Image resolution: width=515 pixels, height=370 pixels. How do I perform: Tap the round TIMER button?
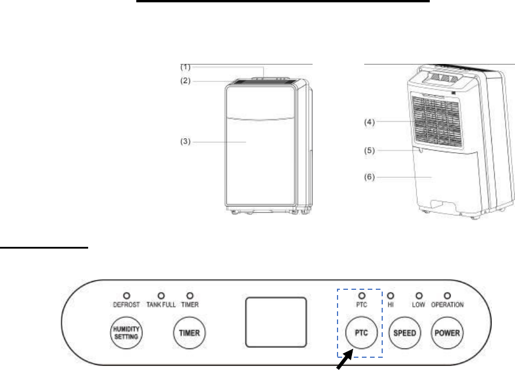click(x=189, y=333)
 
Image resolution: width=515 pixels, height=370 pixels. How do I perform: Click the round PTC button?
click(x=361, y=333)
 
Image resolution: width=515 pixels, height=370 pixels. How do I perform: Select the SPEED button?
click(x=405, y=333)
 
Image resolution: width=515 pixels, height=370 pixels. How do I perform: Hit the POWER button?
click(x=447, y=333)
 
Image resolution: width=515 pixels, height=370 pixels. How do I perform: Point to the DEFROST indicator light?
click(x=126, y=296)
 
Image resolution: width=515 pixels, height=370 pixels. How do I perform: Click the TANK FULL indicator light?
click(x=161, y=296)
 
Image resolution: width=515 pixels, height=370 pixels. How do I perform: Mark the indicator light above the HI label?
click(x=390, y=296)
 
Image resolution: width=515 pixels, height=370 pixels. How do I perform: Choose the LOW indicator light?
click(x=419, y=296)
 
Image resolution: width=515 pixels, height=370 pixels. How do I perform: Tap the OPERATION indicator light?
click(x=447, y=296)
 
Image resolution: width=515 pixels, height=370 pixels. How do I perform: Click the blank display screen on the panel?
click(x=276, y=322)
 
